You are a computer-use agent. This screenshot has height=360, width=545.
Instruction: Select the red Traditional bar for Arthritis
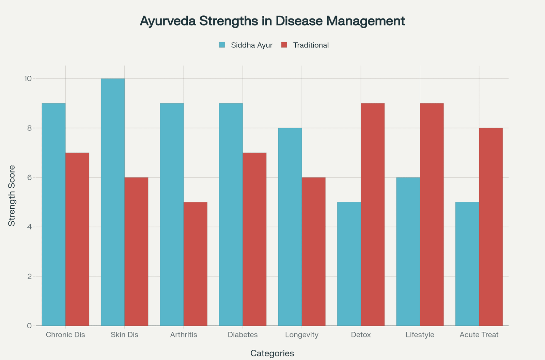(196, 264)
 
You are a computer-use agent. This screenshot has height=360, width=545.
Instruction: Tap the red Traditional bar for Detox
(373, 214)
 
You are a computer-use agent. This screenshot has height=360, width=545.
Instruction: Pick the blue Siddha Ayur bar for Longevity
(290, 227)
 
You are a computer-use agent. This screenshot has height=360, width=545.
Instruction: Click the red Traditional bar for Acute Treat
(491, 227)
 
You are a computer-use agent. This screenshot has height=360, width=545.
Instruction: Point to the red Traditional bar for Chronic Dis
(77, 239)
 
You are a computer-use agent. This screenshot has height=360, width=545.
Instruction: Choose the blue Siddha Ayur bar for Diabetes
(231, 214)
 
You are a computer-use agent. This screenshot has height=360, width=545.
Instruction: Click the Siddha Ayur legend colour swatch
(222, 45)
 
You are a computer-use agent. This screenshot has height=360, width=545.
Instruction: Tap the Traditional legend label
(311, 45)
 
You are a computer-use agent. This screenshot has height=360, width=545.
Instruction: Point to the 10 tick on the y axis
(28, 79)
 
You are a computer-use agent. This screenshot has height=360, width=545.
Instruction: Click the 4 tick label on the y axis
(30, 227)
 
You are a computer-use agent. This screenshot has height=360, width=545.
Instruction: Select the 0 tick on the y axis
(29, 326)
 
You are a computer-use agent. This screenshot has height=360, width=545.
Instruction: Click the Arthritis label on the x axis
(184, 335)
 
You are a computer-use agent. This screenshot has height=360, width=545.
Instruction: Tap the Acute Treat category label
(479, 335)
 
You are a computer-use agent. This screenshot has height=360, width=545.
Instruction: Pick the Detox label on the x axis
(361, 335)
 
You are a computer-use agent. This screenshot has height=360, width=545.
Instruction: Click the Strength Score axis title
(12, 196)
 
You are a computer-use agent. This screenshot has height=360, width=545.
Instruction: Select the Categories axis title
(272, 354)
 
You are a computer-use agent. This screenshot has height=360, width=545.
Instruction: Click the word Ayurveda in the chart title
(168, 21)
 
